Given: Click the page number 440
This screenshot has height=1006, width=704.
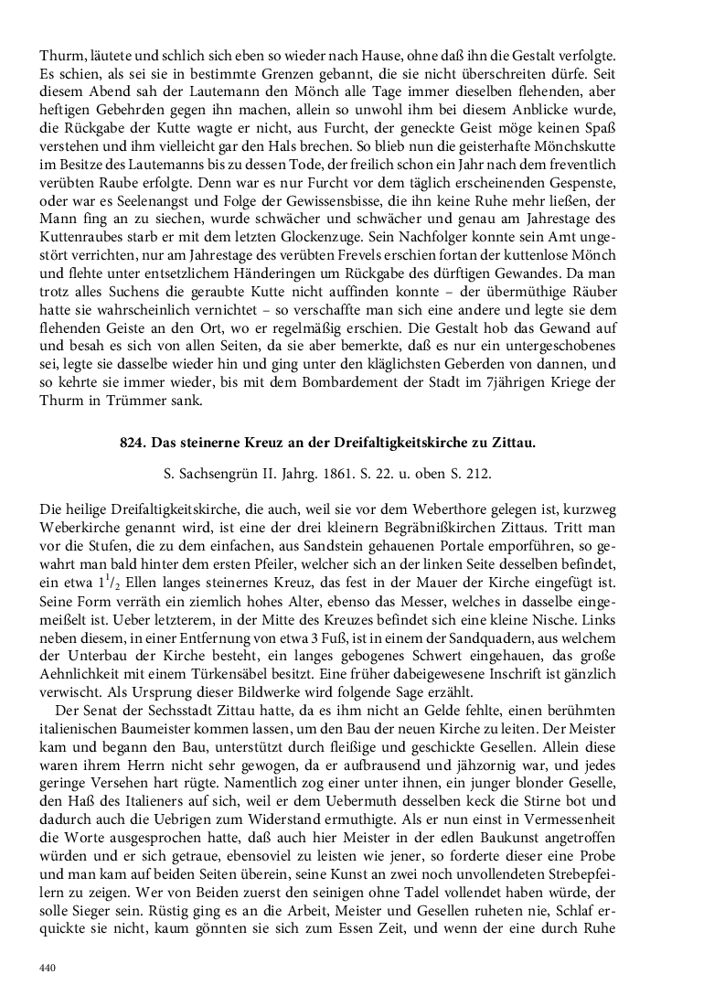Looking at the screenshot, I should point(47,967).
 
